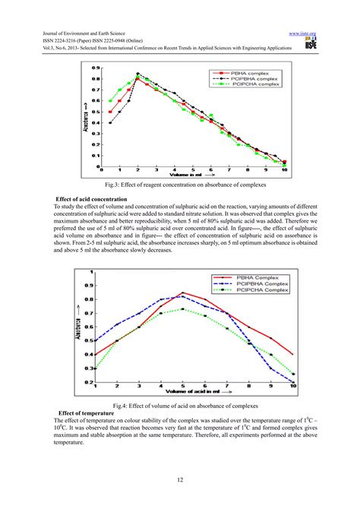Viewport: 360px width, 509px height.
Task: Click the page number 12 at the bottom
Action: pos(180,479)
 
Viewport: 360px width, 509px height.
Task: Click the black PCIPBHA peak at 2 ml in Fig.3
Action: pos(137,74)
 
